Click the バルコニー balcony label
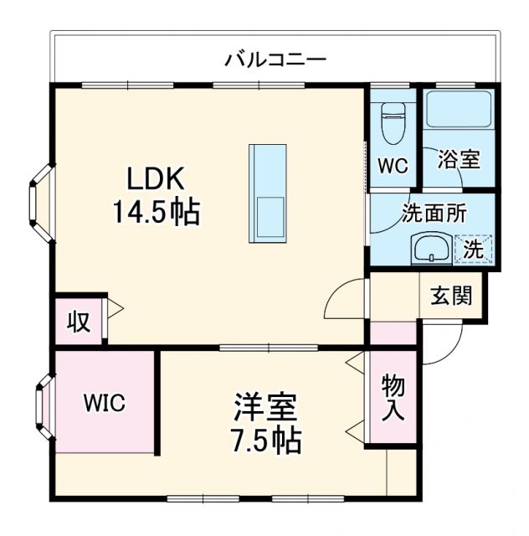point(275,60)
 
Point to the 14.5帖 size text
point(157,213)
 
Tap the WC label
point(392,165)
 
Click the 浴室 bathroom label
point(460,159)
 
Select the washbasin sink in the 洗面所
point(431,249)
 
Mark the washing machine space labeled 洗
point(474,249)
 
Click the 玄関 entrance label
point(451,296)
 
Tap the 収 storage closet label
point(78,322)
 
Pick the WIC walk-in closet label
point(104,403)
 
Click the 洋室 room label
point(264,410)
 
